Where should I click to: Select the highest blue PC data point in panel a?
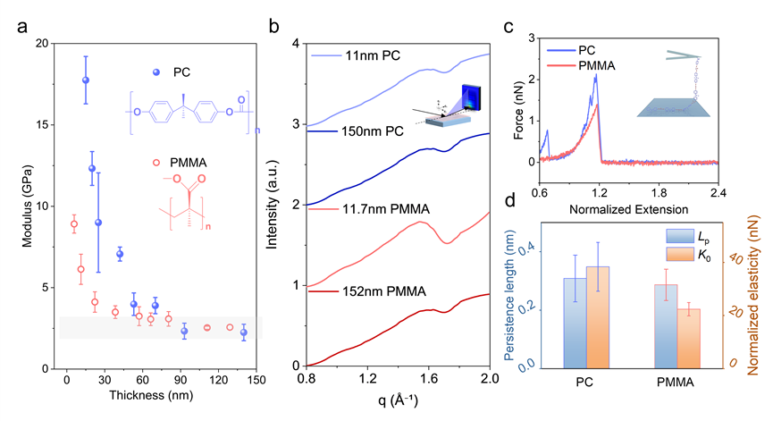click(86, 80)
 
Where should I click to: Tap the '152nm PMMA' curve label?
click(378, 291)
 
